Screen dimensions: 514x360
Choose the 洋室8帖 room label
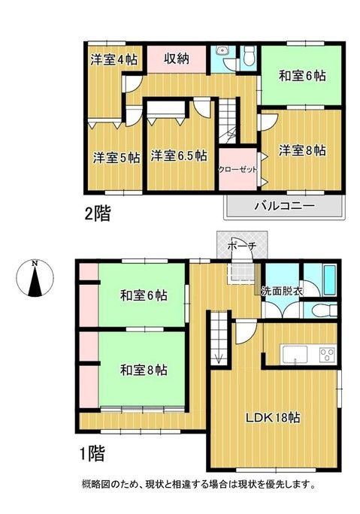tap(303, 150)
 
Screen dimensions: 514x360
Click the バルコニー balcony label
tap(284, 204)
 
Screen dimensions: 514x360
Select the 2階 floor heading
tap(96, 214)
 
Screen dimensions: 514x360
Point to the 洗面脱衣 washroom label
tap(283, 291)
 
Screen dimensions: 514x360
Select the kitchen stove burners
tap(328, 353)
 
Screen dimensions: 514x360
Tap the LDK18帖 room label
tap(274, 418)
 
